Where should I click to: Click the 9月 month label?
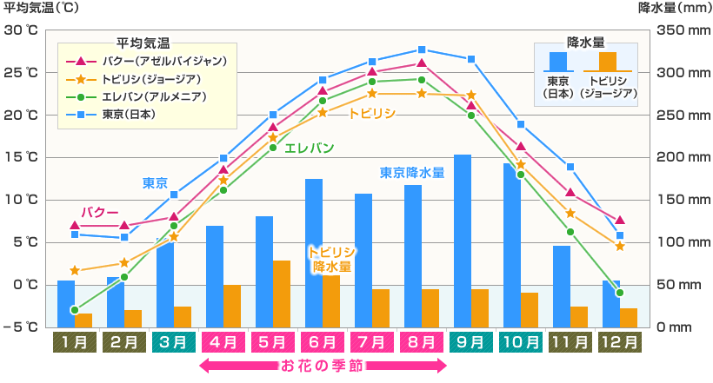(x=470, y=341)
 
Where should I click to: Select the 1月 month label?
(x=75, y=341)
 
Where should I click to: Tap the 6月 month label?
(x=322, y=341)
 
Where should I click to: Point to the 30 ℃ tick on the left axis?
(x=20, y=30)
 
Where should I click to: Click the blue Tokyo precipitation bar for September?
(x=463, y=240)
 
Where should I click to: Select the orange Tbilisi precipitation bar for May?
(x=282, y=293)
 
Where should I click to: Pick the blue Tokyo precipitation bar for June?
(x=314, y=252)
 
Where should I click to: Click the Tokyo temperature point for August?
(x=422, y=50)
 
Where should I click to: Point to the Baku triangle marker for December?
(x=619, y=221)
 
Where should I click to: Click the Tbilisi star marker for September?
(x=471, y=96)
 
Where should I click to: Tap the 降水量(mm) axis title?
(x=674, y=9)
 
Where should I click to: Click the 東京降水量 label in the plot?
(x=412, y=172)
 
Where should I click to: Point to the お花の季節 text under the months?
(x=323, y=366)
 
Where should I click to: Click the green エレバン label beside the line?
(x=310, y=148)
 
